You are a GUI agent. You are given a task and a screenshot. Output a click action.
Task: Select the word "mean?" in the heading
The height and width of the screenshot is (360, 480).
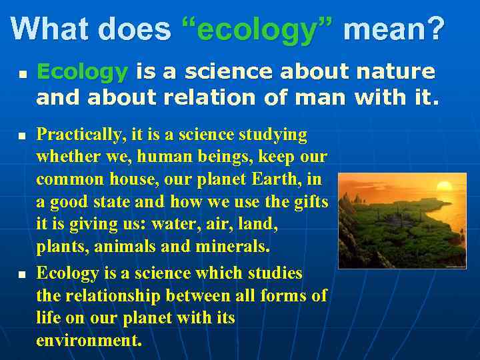(393, 29)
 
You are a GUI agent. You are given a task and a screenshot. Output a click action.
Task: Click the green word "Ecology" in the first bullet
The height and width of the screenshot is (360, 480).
(82, 71)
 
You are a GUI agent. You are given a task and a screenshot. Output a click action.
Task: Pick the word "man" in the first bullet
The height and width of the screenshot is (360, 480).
(319, 97)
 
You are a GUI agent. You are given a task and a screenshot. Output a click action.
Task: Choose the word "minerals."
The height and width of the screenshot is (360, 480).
(233, 246)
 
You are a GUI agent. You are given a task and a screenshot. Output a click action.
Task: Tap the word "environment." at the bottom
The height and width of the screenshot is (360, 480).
(89, 341)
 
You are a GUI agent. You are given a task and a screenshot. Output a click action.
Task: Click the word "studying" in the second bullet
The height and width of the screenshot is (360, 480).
(271, 135)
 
